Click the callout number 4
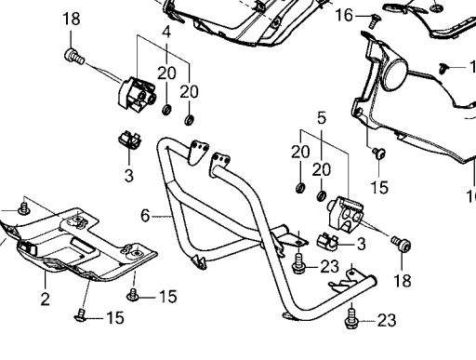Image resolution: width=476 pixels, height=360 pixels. (166, 33)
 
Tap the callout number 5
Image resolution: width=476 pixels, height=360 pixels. (322, 118)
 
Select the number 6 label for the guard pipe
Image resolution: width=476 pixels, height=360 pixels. (145, 216)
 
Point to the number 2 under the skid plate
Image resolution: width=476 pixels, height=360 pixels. (46, 300)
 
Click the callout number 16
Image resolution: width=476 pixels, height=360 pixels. (344, 15)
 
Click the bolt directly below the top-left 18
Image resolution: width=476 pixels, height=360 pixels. (74, 57)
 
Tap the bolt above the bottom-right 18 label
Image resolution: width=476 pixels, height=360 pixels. (402, 244)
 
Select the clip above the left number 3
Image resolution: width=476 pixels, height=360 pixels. (129, 140)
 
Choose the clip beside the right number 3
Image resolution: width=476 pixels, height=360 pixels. (327, 241)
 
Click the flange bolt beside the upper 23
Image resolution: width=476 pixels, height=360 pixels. (298, 263)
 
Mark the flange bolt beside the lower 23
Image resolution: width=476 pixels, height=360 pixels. (351, 318)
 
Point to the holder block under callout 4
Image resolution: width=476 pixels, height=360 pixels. (137, 94)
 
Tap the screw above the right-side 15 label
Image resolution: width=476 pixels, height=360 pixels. (379, 153)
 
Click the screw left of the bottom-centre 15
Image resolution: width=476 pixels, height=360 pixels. (133, 295)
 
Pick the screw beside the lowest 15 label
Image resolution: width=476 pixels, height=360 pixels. (81, 315)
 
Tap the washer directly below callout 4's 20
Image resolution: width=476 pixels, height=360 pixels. (167, 110)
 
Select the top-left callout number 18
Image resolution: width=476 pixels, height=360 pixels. (72, 19)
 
